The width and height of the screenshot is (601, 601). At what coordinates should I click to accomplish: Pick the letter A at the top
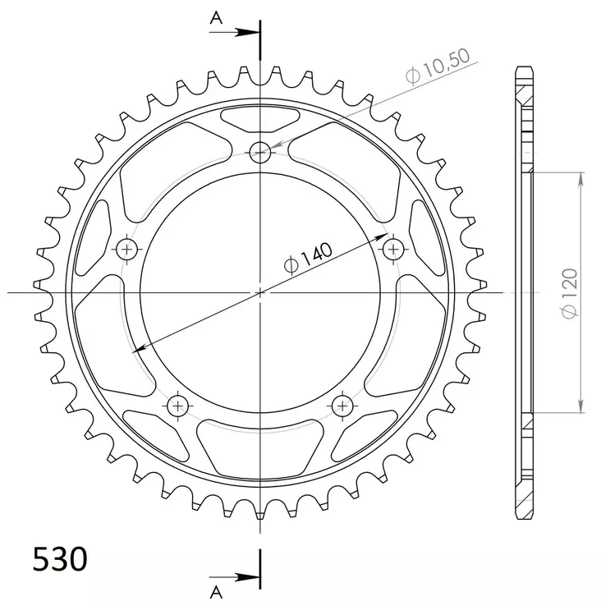tap(216, 16)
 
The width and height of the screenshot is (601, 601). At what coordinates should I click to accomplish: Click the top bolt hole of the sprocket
tap(260, 151)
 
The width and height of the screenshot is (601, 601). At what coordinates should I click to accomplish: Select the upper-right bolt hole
tap(393, 248)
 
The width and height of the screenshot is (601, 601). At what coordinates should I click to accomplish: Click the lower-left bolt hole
tap(178, 405)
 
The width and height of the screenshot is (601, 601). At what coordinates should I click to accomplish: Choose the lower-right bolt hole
tap(342, 405)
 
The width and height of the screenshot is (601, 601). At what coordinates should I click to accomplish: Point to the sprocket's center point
tap(260, 291)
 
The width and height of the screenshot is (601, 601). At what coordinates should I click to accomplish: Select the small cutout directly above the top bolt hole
tap(260, 120)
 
